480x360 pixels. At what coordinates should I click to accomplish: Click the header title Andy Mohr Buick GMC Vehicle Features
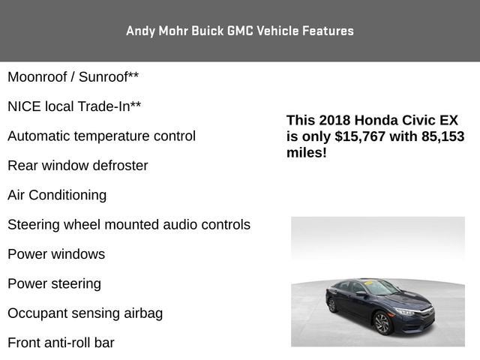[240, 31]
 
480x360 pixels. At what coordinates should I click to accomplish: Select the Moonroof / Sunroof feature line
[73, 76]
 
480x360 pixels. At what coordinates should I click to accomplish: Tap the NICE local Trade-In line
[74, 106]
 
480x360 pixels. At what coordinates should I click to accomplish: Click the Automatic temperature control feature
[101, 136]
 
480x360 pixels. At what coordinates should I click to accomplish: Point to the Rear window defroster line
[77, 165]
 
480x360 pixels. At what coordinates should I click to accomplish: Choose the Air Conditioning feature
[57, 195]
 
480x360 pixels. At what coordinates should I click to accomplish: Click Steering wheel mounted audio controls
[129, 224]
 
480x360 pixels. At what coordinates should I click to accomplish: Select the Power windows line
[56, 254]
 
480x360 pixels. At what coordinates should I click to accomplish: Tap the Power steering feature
[54, 283]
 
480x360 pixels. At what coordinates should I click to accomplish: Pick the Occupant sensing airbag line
[85, 313]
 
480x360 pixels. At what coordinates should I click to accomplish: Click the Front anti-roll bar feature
[61, 343]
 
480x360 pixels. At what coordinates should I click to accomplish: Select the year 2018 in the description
[334, 120]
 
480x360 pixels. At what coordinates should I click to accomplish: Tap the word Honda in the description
[374, 120]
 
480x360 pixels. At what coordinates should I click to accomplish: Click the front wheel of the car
[382, 322]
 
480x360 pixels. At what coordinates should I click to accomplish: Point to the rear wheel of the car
[332, 304]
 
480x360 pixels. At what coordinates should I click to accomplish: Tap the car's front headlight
[405, 310]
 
